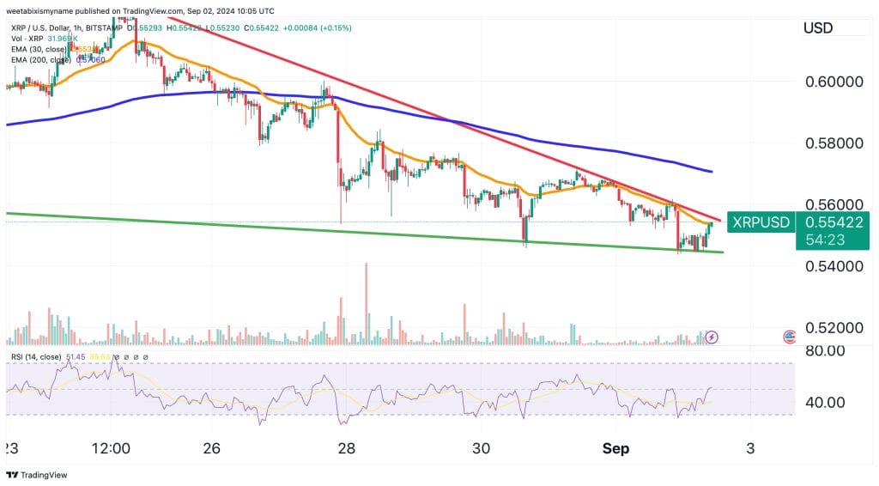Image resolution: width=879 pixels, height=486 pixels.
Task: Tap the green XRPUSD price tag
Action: click(x=759, y=222)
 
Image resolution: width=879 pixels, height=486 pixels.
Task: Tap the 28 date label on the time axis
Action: click(x=347, y=448)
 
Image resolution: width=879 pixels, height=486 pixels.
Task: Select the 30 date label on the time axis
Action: click(x=481, y=448)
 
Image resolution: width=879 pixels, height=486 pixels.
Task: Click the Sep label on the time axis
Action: click(x=615, y=448)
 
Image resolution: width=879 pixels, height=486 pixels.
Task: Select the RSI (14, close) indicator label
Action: click(x=36, y=356)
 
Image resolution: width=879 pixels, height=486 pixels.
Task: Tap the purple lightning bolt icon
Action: click(x=712, y=337)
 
